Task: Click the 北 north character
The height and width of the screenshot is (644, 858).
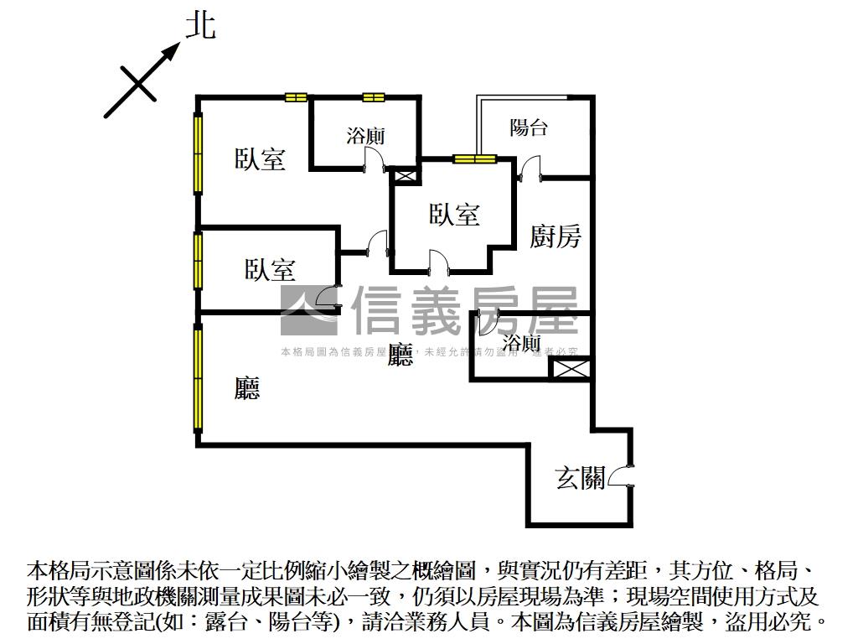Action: click(200, 25)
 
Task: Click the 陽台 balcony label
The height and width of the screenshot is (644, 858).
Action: click(529, 127)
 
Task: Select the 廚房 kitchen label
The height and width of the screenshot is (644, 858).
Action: click(555, 236)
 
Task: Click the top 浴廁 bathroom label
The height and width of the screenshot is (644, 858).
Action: click(365, 136)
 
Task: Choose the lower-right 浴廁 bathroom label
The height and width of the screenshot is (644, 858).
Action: click(521, 342)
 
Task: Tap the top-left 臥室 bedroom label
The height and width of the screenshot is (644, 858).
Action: click(260, 158)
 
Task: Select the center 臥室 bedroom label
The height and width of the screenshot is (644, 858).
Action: click(455, 215)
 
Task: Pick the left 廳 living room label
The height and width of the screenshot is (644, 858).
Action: click(246, 387)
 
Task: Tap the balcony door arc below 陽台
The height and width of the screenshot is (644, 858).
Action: click(529, 170)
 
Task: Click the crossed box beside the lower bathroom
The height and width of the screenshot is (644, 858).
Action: click(570, 369)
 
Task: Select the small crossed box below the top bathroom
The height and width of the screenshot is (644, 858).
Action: click(406, 175)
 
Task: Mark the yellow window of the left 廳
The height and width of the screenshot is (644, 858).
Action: click(199, 377)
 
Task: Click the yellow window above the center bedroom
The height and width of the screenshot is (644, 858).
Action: click(475, 158)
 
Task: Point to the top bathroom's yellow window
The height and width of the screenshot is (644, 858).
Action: click(373, 97)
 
